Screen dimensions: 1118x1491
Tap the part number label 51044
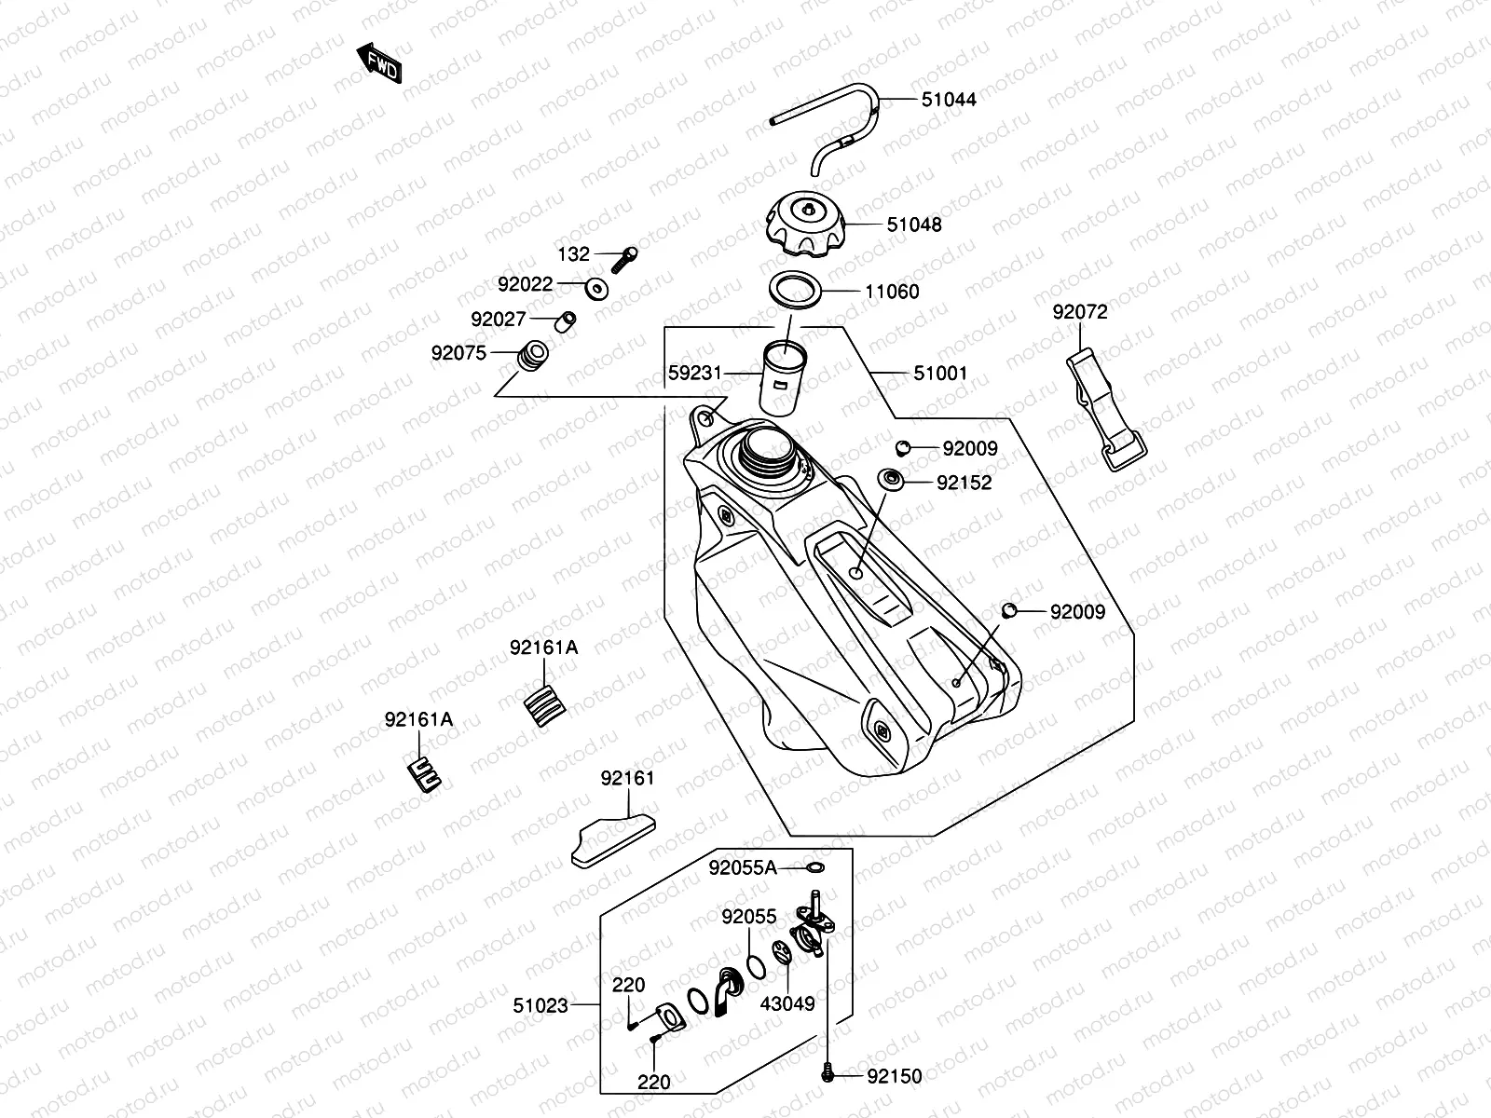point(949,99)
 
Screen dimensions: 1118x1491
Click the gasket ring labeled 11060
point(796,291)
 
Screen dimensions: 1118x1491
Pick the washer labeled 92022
point(597,287)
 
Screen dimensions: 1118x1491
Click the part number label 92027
point(499,319)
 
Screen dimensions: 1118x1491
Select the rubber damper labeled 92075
point(533,357)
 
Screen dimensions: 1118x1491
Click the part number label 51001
point(940,373)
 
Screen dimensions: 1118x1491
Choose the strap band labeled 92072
point(1105,410)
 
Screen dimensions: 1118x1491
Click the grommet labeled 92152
point(892,482)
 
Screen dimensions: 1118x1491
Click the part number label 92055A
point(742,868)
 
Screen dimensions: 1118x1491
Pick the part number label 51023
point(540,1005)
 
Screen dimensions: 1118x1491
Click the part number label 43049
point(787,1003)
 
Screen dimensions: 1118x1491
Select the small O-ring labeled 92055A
point(815,868)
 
